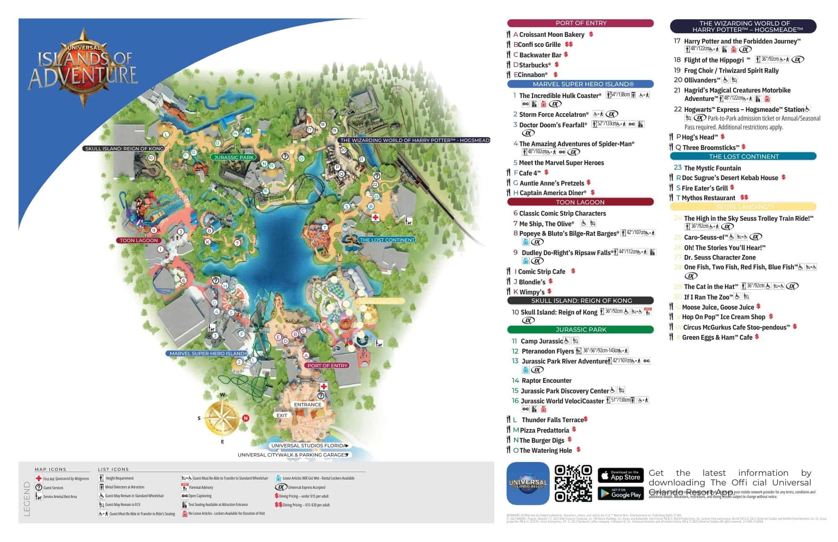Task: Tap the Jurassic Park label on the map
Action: [234, 157]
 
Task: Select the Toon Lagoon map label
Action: [139, 240]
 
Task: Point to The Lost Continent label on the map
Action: [387, 240]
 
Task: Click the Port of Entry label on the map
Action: [327, 365]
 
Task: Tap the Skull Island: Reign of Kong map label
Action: [124, 149]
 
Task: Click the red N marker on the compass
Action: [246, 418]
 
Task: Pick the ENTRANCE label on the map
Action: [308, 405]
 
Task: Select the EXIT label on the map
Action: [282, 416]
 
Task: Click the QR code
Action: [573, 483]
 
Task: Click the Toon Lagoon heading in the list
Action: [580, 202]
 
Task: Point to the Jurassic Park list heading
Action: [580, 330]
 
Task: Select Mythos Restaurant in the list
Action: [708, 198]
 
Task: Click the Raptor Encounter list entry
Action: [546, 381]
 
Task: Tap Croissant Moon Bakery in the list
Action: [551, 35]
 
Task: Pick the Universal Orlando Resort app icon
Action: [528, 483]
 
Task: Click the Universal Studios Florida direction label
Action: [309, 446]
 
